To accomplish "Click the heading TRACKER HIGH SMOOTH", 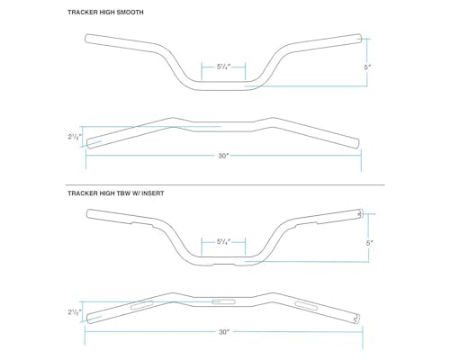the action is (x=105, y=13).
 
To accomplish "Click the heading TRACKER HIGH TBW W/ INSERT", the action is (x=116, y=193).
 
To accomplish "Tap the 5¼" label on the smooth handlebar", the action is (x=223, y=67).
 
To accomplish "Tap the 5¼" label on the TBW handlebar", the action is (x=223, y=242).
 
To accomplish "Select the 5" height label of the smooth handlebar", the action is (x=367, y=67).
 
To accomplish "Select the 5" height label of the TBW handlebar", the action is (x=369, y=243).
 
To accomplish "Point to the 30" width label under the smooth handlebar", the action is (x=223, y=156).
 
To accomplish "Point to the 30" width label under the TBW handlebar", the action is (x=223, y=332).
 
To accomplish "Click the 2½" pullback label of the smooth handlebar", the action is (x=73, y=137).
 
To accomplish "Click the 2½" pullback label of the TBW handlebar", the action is (x=73, y=312).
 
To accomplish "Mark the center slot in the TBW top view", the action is (x=223, y=301).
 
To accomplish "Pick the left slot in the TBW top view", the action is (x=142, y=305).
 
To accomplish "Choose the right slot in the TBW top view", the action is (x=306, y=306).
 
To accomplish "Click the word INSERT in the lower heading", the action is (x=153, y=193).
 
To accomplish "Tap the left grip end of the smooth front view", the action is (x=85, y=39).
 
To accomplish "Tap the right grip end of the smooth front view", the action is (x=360, y=39).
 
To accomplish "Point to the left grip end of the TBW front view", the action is (x=87, y=213).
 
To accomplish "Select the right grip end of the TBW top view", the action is (x=357, y=319).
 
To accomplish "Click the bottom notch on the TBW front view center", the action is (x=223, y=265).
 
